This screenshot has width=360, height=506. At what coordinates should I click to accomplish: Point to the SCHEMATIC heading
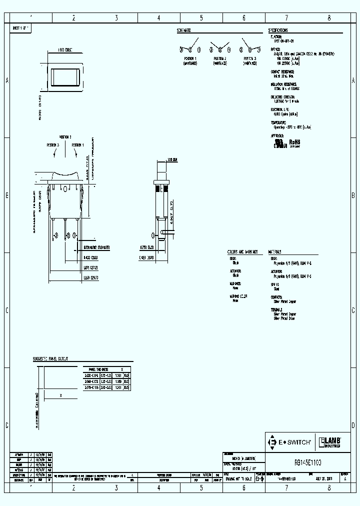click(x=183, y=30)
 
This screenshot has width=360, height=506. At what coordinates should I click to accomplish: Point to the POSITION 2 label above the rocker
click(x=65, y=136)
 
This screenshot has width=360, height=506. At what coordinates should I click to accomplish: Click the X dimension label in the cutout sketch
click(x=60, y=395)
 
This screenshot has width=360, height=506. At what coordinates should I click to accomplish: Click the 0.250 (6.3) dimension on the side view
click(x=146, y=247)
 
